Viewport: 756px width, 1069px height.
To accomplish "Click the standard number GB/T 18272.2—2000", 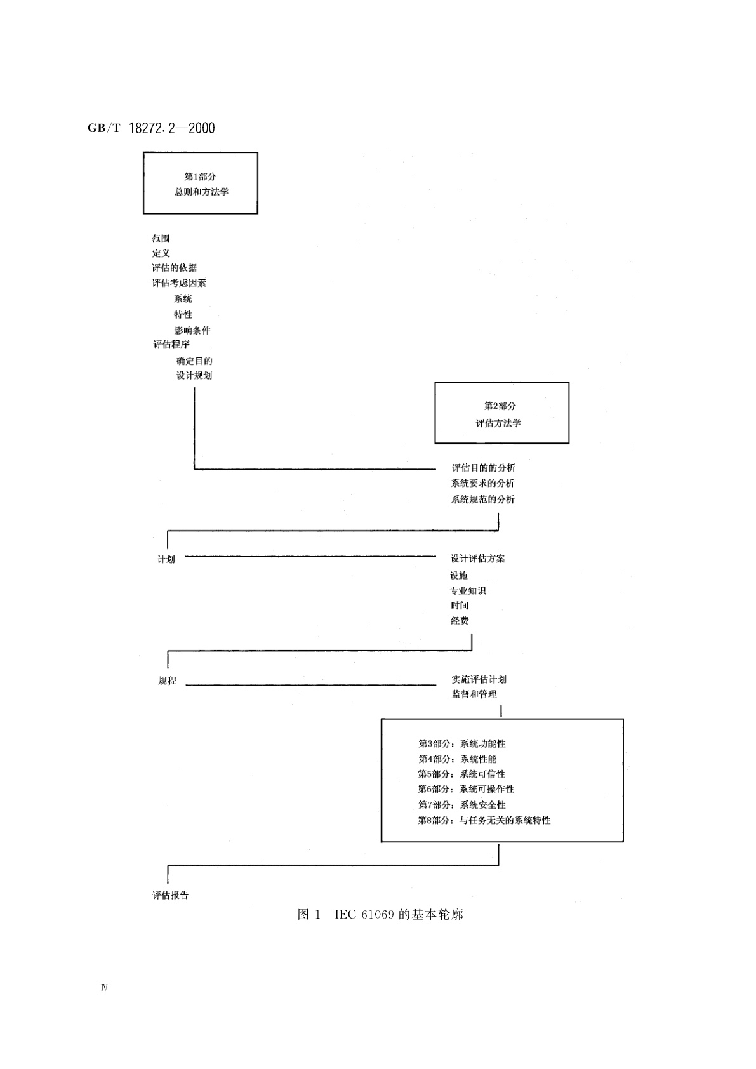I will coord(151,128).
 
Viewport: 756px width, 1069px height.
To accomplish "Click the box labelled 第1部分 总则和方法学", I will coord(201,183).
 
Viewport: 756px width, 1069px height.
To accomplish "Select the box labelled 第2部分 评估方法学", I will coord(501,413).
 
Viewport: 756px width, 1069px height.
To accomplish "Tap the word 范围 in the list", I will coord(161,239).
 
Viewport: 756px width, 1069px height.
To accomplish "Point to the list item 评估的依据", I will coord(174,268).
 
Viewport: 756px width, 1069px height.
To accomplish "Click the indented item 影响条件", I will coord(192,330).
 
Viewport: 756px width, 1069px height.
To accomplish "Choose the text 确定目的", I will coord(194,361).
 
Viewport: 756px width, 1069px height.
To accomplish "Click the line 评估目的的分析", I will coord(483,468).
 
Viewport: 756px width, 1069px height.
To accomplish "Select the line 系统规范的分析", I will coord(483,500).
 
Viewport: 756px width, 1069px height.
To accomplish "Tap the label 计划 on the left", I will coord(166,559).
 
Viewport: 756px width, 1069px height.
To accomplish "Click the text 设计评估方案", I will coord(478,559).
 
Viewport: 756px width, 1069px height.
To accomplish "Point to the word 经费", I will coord(460,621).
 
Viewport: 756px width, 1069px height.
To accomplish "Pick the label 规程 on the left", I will coord(167,681).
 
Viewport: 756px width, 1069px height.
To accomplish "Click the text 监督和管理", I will coord(474,694).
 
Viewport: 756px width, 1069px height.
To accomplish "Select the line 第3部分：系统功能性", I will coord(462,743).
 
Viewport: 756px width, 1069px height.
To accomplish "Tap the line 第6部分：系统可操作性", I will coord(466,789).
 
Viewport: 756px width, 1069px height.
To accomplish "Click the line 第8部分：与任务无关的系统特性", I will coord(484,820).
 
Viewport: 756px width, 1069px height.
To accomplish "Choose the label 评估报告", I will coord(171,895).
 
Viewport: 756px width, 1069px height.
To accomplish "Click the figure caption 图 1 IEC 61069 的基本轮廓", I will coord(380,915).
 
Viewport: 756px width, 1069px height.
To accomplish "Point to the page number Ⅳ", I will coord(104,988).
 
